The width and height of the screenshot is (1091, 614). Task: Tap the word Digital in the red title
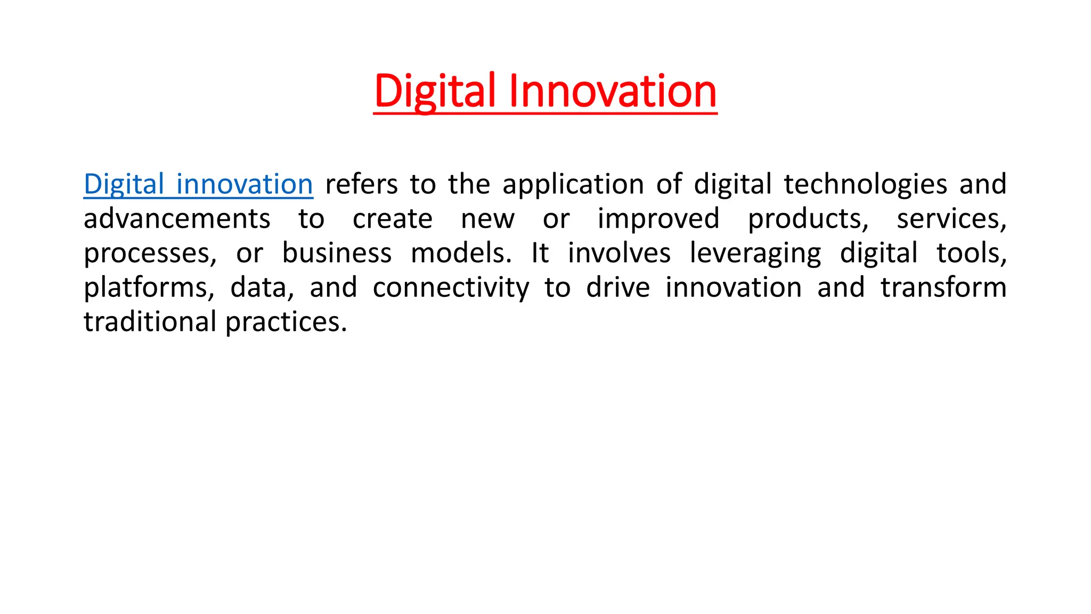435,91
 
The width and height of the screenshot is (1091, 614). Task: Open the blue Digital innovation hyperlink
198,184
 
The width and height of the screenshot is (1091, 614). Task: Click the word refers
361,184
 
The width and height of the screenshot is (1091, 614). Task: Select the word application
573,184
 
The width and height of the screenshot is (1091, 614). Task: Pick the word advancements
177,219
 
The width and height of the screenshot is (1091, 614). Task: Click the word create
393,219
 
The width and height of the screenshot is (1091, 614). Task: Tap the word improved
658,219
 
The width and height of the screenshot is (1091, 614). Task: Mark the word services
951,219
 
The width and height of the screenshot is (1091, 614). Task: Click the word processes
150,254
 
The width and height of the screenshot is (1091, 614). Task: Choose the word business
337,253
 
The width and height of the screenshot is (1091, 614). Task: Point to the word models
461,253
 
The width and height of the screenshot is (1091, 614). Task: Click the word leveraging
755,254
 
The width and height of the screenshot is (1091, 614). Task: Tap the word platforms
149,288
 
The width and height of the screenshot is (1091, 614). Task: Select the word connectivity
451,288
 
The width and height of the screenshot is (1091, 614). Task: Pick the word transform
943,288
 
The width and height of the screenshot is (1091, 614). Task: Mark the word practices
286,322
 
